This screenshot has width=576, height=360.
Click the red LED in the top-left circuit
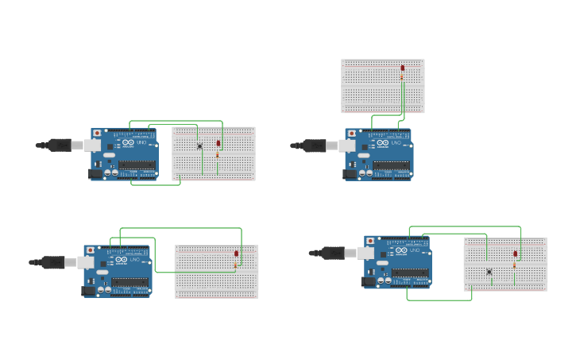218,143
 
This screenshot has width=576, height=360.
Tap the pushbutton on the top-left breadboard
199,145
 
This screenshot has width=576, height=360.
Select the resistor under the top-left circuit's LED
218,155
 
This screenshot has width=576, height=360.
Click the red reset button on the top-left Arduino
98,134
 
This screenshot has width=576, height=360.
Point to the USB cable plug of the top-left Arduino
60,145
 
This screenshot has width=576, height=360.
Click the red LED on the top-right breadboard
403,68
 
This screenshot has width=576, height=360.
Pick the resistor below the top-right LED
403,78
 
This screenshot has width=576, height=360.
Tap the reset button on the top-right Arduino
352,134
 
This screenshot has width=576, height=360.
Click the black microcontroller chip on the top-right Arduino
391,165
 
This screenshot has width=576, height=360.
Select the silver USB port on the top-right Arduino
347,145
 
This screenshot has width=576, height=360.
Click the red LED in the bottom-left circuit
236,254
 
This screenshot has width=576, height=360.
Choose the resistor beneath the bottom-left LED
236,265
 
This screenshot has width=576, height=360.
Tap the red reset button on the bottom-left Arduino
91,250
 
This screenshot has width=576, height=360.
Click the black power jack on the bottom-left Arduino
88,291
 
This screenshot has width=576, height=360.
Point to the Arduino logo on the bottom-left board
122,260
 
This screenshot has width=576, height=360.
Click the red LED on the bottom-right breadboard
516,254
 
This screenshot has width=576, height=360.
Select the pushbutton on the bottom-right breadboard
489,272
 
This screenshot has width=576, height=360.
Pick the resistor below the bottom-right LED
515,265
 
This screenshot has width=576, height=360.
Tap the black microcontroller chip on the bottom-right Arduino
410,273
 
